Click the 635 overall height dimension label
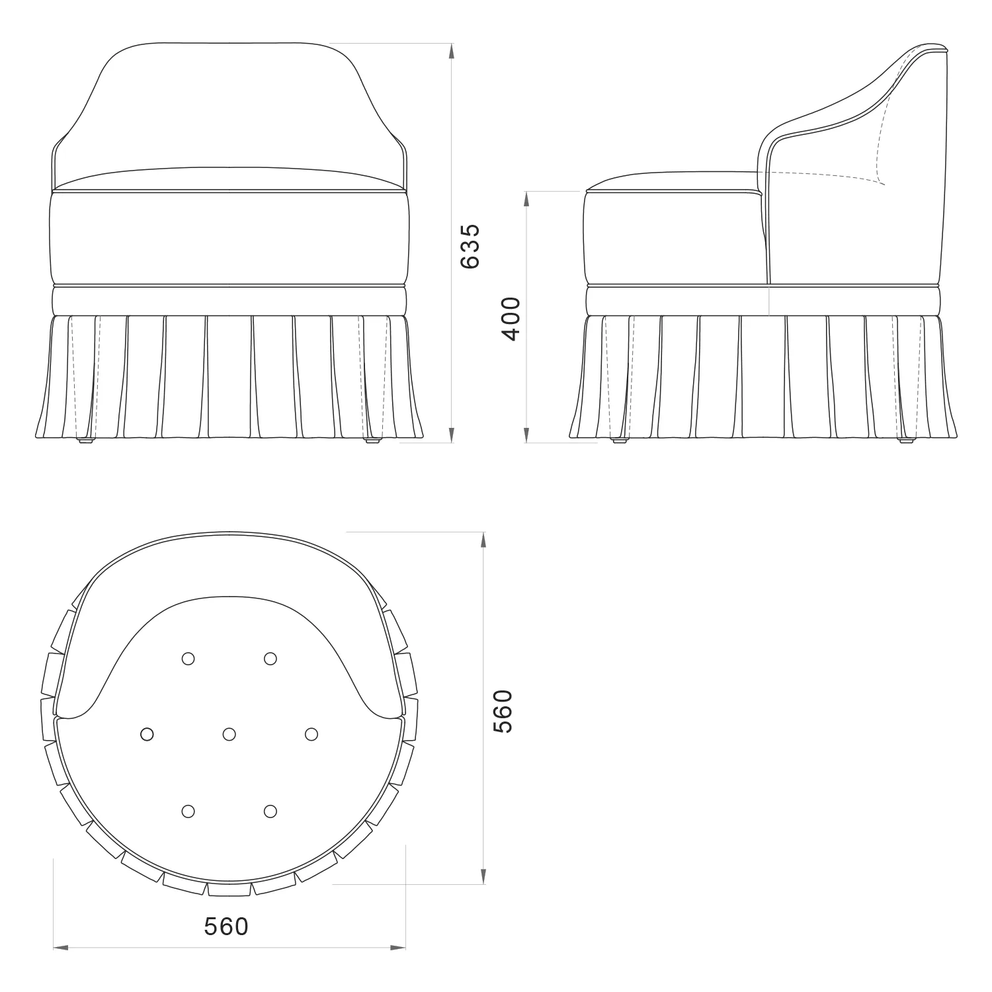point(470,246)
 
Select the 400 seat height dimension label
point(511,318)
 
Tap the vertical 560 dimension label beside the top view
point(502,711)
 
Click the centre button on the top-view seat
point(229,734)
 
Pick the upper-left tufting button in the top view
point(188,658)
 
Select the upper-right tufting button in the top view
point(270,658)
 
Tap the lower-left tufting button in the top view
point(188,811)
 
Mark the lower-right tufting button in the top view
point(270,811)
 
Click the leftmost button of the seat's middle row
point(147,734)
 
